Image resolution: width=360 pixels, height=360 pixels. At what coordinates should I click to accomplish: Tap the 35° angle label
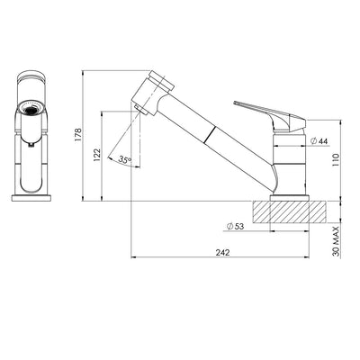coord(125,160)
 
